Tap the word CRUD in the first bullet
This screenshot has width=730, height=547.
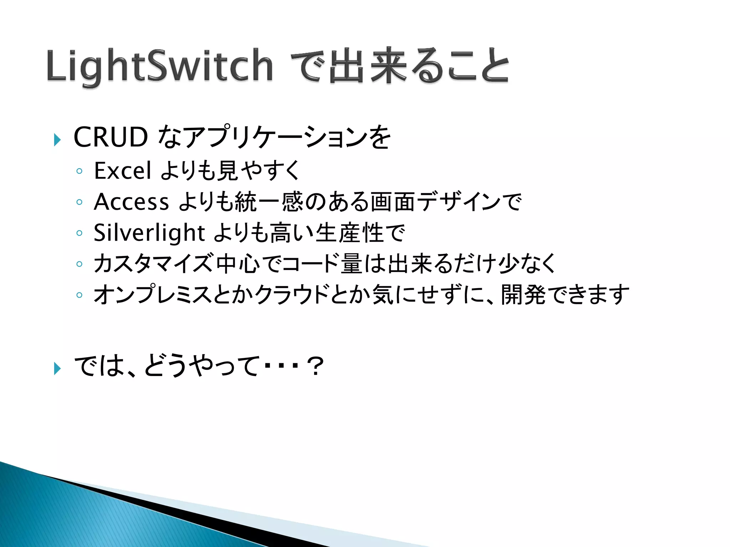click(x=110, y=137)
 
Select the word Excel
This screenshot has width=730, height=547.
click(x=122, y=171)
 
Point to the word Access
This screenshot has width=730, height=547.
click(x=131, y=202)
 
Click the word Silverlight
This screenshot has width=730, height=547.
click(x=149, y=233)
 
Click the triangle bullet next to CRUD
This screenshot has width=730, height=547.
click(x=57, y=140)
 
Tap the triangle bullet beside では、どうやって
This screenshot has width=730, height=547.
click(x=57, y=368)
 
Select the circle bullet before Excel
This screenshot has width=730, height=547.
click(x=79, y=171)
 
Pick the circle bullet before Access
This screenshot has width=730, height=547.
click(x=79, y=202)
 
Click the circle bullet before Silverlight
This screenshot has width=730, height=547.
click(x=79, y=233)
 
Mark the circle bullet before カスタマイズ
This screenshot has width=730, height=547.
click(x=79, y=264)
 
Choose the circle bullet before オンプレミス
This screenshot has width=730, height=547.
click(x=79, y=295)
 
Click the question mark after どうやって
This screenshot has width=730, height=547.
click(x=316, y=366)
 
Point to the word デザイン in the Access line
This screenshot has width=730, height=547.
click(x=458, y=202)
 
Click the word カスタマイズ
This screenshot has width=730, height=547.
click(x=153, y=264)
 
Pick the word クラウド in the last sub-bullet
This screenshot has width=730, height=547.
click(x=291, y=295)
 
